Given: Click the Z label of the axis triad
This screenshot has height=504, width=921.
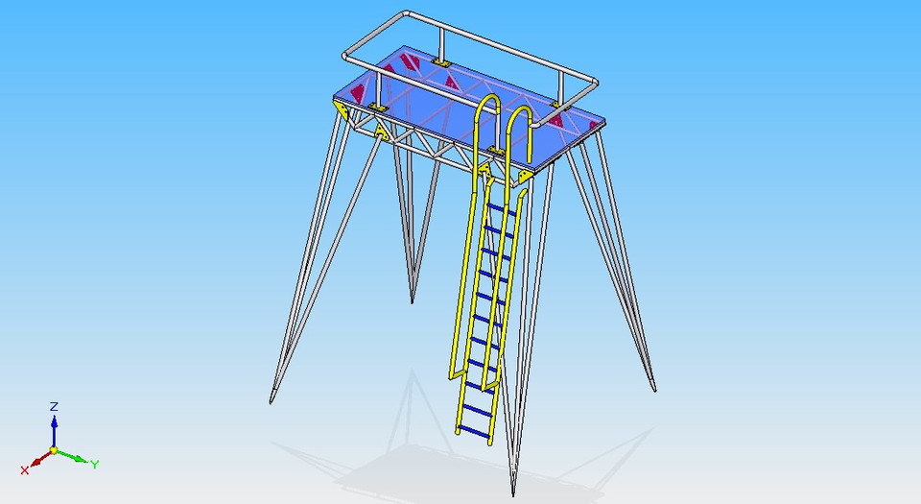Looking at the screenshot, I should click(x=55, y=406).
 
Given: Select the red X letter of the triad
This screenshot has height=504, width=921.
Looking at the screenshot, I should click(x=25, y=469).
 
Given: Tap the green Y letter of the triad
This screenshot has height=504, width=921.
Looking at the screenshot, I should click(x=95, y=465).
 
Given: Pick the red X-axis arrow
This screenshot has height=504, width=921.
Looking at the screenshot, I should click(x=36, y=461).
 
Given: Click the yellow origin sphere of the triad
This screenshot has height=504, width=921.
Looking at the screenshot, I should click(x=55, y=449).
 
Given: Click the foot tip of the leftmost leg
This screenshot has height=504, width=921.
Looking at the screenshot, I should click(x=272, y=398).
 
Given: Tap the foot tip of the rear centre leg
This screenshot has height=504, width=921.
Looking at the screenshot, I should click(x=413, y=300).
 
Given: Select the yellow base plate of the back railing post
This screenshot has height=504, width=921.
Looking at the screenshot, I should click(x=441, y=62).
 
